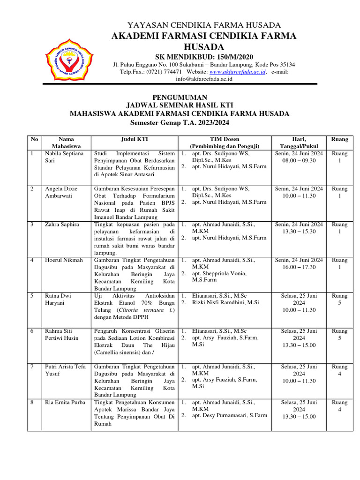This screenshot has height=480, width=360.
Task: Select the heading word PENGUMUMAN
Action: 180,97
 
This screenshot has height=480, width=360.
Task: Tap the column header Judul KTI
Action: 135,139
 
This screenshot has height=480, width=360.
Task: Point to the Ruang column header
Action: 339,139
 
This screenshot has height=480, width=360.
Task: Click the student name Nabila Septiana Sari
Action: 64,157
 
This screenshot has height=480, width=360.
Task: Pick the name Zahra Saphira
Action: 62,225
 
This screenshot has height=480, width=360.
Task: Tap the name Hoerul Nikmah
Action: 64,260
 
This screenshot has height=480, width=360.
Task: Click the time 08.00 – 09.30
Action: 299,160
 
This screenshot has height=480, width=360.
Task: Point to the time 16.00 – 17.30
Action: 299,267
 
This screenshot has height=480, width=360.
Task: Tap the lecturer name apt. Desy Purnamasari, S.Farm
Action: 229,415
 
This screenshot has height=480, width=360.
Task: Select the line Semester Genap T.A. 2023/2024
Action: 180,122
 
